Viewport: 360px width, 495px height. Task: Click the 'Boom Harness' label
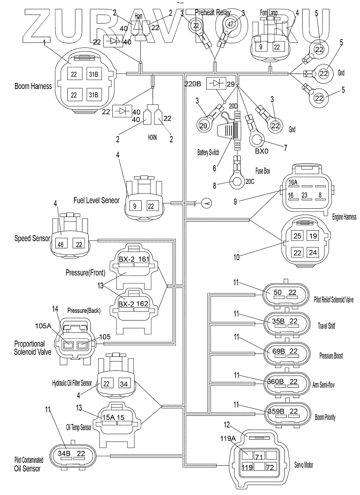33,87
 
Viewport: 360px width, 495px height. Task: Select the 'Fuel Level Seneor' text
96,200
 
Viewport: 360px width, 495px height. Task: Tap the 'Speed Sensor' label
32,238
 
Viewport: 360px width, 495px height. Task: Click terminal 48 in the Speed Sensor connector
61,245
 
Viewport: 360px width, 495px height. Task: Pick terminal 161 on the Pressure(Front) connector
144,259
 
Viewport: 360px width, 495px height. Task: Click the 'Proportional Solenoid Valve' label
33,347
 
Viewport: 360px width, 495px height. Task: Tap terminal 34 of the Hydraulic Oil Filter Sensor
124,384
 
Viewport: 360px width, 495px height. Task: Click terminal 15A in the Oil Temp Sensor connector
108,417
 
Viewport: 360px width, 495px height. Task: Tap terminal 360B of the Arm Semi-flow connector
275,381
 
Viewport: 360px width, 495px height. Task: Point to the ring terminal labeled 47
230,24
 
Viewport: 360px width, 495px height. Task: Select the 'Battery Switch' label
208,152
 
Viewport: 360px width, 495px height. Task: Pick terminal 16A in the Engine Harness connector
293,182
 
